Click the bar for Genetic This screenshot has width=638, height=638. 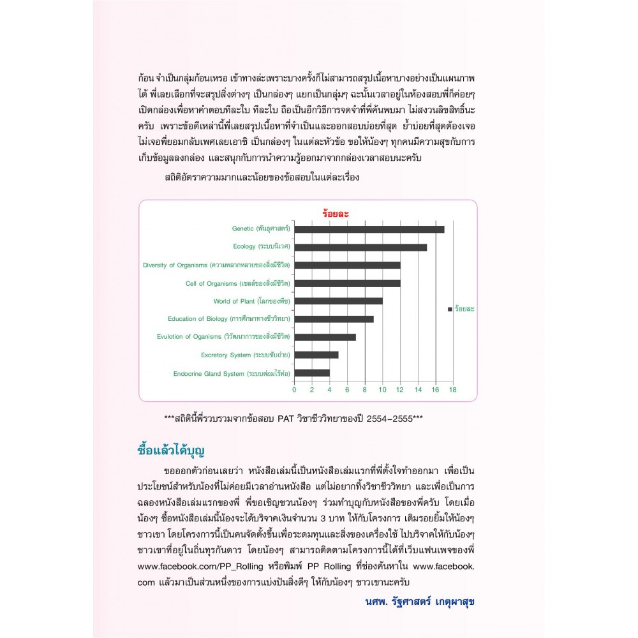coord(369,229)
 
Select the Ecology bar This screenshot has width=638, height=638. coord(360,247)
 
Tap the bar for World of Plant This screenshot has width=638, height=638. coord(338,300)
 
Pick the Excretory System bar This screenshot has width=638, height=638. coord(316,355)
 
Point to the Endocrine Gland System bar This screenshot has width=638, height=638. coord(311,373)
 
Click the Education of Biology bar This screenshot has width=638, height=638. coord(334,318)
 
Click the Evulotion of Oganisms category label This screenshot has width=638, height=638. coord(223,336)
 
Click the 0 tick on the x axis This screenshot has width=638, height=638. coord(294,389)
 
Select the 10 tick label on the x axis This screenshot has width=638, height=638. coord(382,389)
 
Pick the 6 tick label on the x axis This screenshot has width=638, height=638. coord(347,389)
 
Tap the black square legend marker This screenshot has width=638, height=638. coord(450,309)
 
